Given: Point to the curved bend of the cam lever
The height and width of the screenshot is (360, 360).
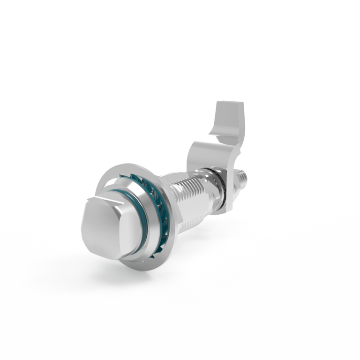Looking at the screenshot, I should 206,141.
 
